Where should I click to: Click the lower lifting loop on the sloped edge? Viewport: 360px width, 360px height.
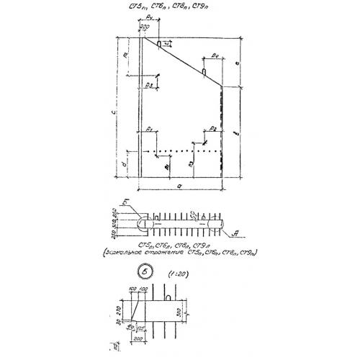coord(206,73)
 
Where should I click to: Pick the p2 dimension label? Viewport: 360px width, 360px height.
coord(211,128)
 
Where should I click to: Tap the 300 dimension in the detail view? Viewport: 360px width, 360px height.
coord(182,311)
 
